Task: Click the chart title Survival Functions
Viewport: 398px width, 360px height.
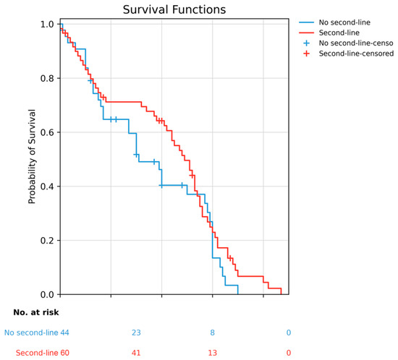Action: click(x=174, y=10)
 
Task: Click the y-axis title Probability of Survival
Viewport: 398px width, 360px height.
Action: click(x=32, y=156)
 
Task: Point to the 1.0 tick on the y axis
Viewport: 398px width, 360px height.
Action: click(x=47, y=25)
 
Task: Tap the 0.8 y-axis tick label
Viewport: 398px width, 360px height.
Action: click(x=47, y=78)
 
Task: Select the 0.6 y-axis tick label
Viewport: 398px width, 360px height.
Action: click(x=47, y=132)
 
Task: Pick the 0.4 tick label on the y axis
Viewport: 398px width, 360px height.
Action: click(x=47, y=187)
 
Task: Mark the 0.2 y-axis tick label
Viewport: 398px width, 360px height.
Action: click(x=47, y=240)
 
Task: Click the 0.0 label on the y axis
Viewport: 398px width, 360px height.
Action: click(x=47, y=294)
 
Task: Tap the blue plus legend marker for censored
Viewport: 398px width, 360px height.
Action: click(x=306, y=43)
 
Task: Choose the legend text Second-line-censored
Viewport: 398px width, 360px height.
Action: click(x=356, y=53)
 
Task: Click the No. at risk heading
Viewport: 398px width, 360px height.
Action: click(x=36, y=312)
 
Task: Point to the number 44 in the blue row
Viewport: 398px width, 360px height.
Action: click(x=64, y=333)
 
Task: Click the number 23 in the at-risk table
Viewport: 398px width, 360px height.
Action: click(x=136, y=333)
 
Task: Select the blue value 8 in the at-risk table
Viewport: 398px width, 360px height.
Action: click(x=213, y=333)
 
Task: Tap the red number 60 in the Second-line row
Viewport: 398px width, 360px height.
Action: click(x=64, y=353)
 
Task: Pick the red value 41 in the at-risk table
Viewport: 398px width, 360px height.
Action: click(x=136, y=353)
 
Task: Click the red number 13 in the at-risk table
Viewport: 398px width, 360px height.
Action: click(x=213, y=353)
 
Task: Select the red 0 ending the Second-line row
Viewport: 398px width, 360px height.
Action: click(x=289, y=353)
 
